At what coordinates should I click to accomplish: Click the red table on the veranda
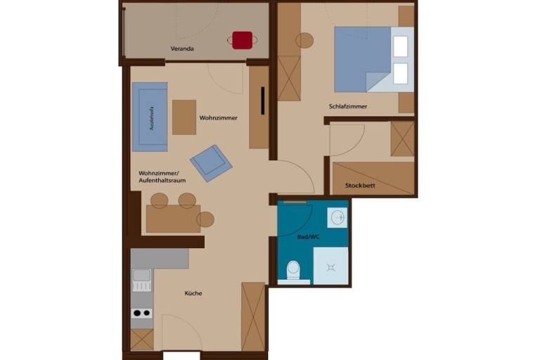point(242,40)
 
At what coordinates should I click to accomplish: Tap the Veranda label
point(182,49)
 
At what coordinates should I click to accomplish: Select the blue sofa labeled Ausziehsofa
point(150,117)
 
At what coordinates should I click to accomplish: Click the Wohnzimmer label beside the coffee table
point(219,118)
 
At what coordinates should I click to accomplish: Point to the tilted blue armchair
point(211,163)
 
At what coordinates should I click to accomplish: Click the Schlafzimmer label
point(348,106)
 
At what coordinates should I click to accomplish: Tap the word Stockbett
point(360,186)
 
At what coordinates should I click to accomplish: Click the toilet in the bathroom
point(293,270)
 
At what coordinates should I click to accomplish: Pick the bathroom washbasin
point(337,217)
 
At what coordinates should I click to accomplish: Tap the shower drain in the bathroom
point(331,267)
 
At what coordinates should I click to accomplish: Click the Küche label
point(193,293)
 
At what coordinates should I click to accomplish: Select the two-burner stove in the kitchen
point(142,313)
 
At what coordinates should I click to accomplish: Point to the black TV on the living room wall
point(263,101)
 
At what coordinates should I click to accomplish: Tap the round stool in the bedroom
point(304,41)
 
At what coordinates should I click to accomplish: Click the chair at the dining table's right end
point(205,219)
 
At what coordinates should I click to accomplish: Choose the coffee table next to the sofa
point(184,117)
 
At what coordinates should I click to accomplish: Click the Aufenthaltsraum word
point(162,180)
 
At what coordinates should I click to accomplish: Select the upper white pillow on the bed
point(401,46)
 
